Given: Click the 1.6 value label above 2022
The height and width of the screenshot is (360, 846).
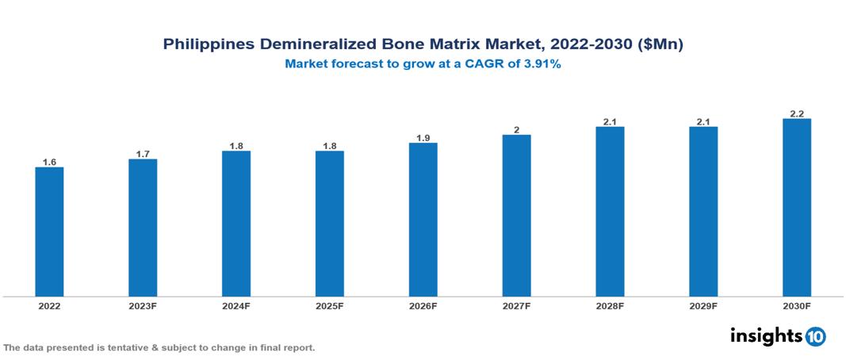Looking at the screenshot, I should (49, 162).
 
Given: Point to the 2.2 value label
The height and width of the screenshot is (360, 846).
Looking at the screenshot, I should (797, 113).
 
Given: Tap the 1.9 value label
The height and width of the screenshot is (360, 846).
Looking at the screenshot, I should (423, 138).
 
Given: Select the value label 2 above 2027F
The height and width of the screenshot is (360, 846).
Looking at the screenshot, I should (517, 129).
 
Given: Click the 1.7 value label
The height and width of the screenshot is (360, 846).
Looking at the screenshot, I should (143, 154).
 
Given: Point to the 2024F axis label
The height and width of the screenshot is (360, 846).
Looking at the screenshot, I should (236, 305).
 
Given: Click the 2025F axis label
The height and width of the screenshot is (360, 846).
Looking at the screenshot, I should (330, 305).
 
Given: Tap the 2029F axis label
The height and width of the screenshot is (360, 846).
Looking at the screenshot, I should (703, 305).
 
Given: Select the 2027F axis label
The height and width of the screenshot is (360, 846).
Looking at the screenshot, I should (517, 305).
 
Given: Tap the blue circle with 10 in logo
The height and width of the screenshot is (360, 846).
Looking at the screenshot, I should (815, 336).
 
